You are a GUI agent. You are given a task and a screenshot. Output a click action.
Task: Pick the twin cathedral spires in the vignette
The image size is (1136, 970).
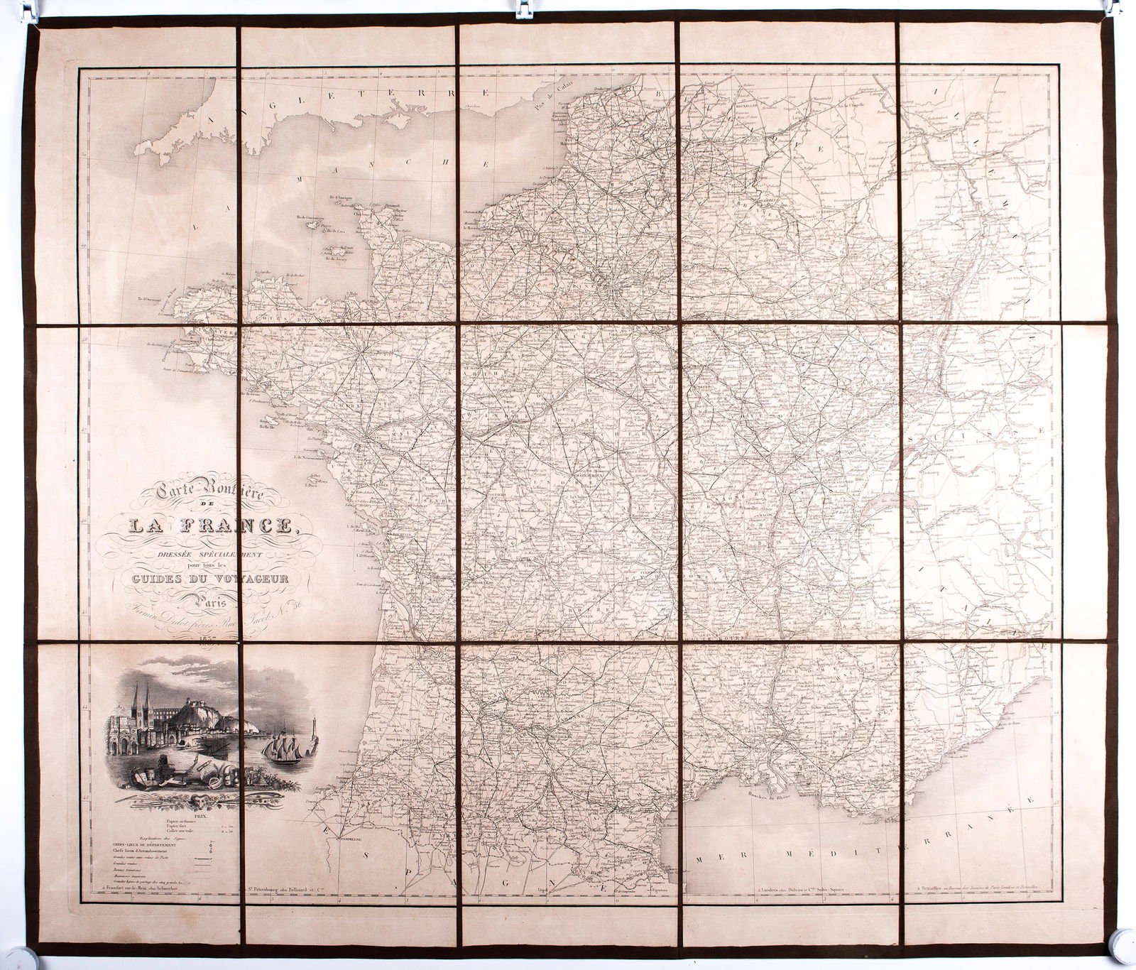141,701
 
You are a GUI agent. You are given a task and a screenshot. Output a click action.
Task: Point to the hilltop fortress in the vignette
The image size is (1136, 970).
195,707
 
